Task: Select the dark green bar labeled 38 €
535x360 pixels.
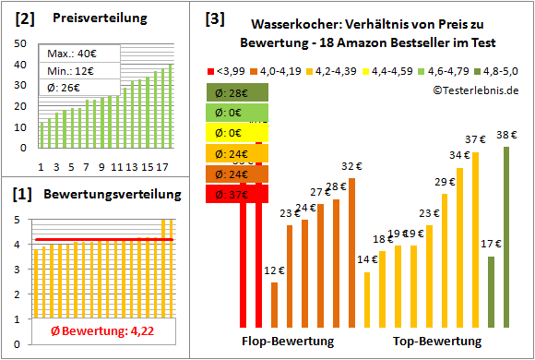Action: click(x=506, y=236)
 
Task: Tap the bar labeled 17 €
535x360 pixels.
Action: click(x=491, y=291)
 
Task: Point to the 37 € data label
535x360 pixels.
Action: click(x=475, y=139)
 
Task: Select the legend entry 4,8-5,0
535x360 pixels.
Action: click(x=501, y=70)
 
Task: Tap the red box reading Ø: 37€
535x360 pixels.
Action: click(x=238, y=194)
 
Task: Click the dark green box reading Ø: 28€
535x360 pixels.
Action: click(x=238, y=92)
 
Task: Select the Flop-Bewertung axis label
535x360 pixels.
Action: click(x=288, y=342)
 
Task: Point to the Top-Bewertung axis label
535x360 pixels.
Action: click(x=437, y=342)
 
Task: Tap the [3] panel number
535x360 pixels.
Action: click(x=214, y=18)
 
